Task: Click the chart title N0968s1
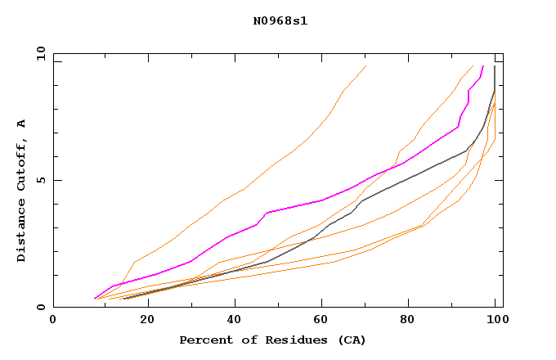280,21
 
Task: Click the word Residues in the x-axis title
280,340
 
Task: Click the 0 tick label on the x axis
53,320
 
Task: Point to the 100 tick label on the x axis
494,320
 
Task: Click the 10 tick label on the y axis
40,53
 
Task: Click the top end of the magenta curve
483,66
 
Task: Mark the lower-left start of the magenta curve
95,298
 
